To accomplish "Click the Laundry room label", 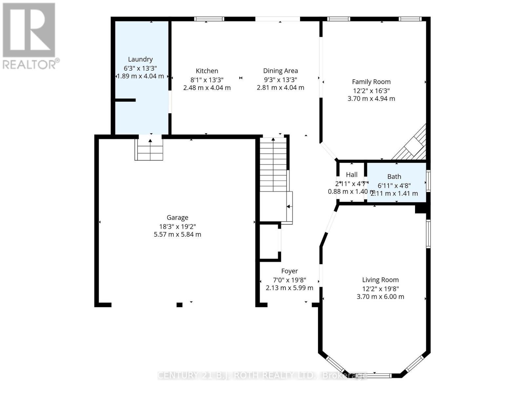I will [x=140, y=59].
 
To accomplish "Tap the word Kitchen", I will [x=207, y=71].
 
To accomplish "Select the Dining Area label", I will [x=280, y=71].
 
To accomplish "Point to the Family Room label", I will [x=371, y=82].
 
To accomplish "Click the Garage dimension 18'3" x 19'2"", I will [x=177, y=226].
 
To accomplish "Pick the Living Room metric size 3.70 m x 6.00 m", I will [x=380, y=297].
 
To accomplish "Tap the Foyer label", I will [x=289, y=271].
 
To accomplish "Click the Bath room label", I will [x=394, y=177].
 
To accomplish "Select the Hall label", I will [x=351, y=175].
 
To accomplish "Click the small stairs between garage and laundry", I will [x=149, y=150].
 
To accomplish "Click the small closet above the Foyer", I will [x=269, y=242].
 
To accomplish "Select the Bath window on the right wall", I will [x=428, y=181].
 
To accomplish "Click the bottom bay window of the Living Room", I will [x=374, y=375].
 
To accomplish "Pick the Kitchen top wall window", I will [x=209, y=19].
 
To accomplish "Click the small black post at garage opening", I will [x=179, y=305].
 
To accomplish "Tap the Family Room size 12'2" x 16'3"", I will [x=371, y=91].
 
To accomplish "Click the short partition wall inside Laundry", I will [x=125, y=100].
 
